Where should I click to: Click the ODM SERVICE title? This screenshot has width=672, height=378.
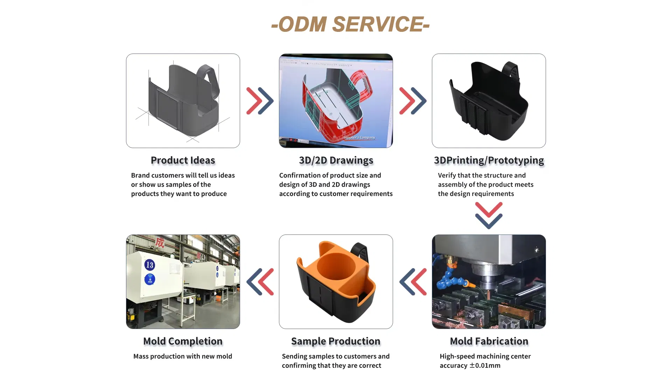(x=350, y=24)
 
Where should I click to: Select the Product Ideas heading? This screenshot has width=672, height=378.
(x=183, y=160)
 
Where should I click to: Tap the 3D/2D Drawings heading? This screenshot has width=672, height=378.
(x=336, y=160)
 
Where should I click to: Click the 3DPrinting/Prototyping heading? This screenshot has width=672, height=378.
(x=489, y=160)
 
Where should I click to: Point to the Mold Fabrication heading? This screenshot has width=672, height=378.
(x=489, y=341)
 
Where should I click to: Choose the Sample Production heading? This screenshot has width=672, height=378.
(x=336, y=341)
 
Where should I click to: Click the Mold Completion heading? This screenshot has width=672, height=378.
(x=183, y=341)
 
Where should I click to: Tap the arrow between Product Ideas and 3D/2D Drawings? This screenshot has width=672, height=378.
(x=260, y=101)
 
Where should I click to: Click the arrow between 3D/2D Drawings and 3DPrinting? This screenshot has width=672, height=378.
(x=413, y=101)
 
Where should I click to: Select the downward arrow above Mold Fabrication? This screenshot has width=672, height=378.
(x=489, y=216)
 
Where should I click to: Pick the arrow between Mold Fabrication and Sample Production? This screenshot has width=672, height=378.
(x=413, y=282)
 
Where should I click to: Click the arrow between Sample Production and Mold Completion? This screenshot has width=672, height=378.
(x=260, y=282)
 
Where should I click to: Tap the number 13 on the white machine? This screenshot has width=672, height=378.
(x=150, y=265)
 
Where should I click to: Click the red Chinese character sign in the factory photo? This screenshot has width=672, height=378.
(x=160, y=242)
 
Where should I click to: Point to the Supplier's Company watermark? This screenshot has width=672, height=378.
(x=359, y=138)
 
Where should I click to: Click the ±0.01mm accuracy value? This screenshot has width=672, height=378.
(x=485, y=365)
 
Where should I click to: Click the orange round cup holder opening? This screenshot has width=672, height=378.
(x=336, y=266)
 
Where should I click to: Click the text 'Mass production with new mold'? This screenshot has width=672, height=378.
(x=183, y=356)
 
